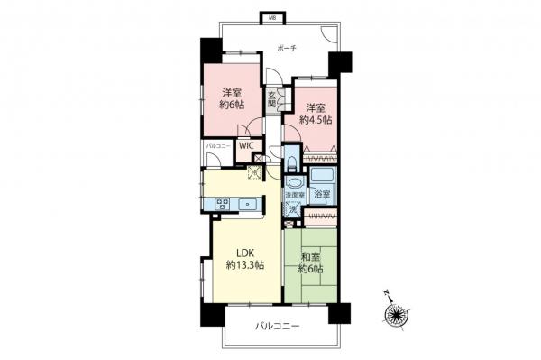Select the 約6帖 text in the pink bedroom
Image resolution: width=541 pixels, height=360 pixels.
[233, 105]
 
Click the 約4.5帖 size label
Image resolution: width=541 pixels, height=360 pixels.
[315, 119]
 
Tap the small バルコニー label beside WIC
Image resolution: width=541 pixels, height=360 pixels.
[217, 144]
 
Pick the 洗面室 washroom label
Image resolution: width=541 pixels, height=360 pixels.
[295, 196]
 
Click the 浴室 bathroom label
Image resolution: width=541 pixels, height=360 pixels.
[322, 195]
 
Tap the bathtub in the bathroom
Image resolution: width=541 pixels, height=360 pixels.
[322, 176]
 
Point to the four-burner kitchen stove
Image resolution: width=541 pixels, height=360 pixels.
[220, 202]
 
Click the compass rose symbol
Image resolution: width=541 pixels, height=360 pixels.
[393, 314]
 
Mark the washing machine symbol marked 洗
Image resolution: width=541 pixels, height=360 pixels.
[290, 209]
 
